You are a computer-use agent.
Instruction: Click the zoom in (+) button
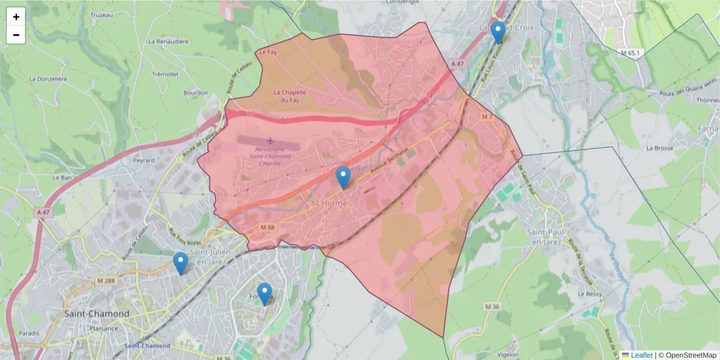(16, 17)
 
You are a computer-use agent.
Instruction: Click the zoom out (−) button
(16, 35)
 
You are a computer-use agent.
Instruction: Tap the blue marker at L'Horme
(343, 178)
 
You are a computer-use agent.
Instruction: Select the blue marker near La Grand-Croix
(497, 32)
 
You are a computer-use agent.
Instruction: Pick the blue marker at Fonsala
(264, 293)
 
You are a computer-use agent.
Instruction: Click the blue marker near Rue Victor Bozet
(180, 263)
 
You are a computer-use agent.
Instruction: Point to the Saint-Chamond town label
(97, 314)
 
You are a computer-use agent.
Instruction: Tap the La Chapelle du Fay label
(290, 96)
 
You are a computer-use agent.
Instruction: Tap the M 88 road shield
(267, 227)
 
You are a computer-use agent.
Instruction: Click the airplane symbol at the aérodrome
(269, 141)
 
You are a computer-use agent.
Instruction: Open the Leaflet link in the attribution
(641, 355)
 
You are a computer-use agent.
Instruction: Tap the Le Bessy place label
(589, 295)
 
